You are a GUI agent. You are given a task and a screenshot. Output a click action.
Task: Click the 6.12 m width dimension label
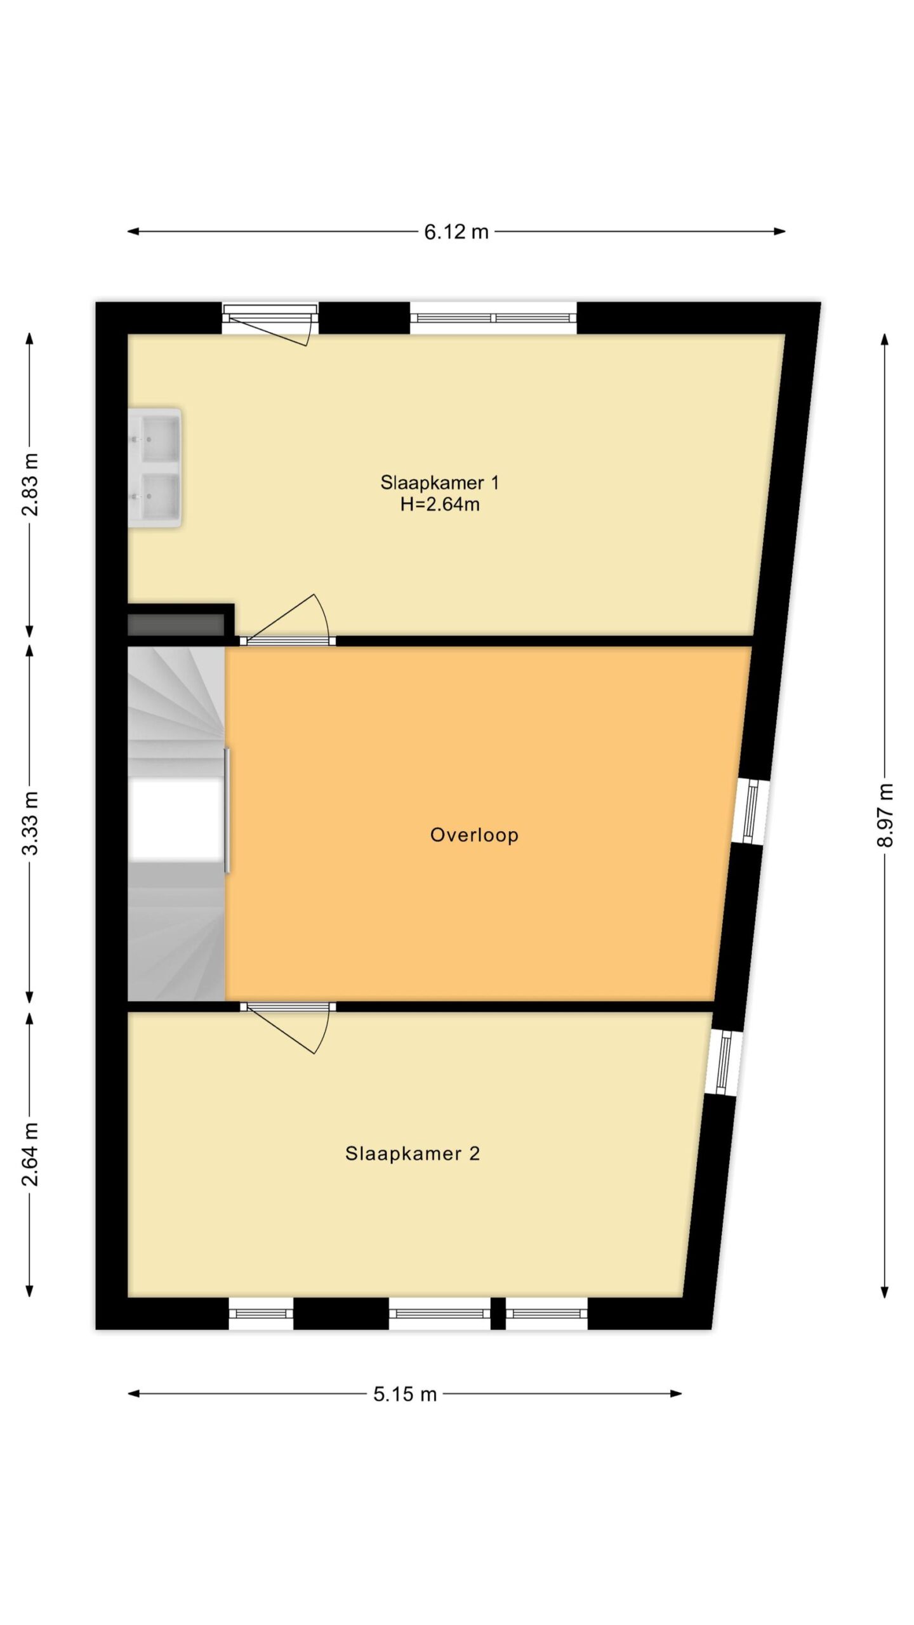pyautogui.click(x=456, y=232)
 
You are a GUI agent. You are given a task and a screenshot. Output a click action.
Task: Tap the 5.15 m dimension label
pyautogui.click(x=405, y=1394)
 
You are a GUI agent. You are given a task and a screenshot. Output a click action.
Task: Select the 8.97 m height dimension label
pyautogui.click(x=885, y=815)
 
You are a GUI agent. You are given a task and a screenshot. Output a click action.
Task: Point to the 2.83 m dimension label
pyautogui.click(x=30, y=484)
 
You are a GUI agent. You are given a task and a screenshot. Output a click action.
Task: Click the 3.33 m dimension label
pyautogui.click(x=30, y=823)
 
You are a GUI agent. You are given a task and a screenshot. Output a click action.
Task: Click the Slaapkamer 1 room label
pyautogui.click(x=439, y=482)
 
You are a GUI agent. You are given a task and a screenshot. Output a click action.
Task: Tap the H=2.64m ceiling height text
pyautogui.click(x=439, y=505)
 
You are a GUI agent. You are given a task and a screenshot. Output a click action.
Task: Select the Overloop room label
pyautogui.click(x=474, y=835)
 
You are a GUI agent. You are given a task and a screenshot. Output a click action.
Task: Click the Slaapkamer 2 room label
pyautogui.click(x=413, y=1153)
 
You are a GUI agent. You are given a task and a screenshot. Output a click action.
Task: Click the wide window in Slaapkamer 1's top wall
pyautogui.click(x=493, y=318)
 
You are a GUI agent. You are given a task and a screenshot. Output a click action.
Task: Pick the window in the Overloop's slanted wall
pyautogui.click(x=751, y=812)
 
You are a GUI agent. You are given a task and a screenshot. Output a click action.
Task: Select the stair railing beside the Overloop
pyautogui.click(x=227, y=811)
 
